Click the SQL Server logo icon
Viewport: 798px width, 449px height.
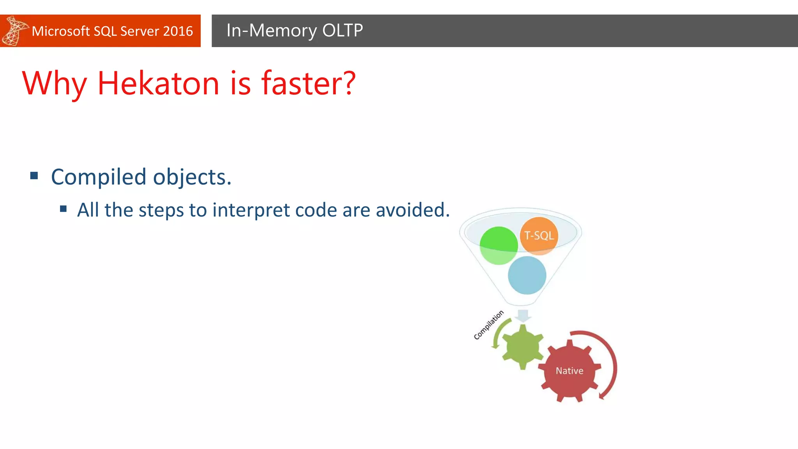pyautogui.click(x=14, y=31)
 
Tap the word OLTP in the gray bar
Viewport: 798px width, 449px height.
pyautogui.click(x=343, y=30)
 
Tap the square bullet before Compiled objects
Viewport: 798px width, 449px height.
pyautogui.click(x=34, y=176)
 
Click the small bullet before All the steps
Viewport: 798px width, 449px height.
pyautogui.click(x=64, y=209)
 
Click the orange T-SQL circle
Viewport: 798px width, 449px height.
pyautogui.click(x=539, y=235)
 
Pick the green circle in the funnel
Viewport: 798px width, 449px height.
pyautogui.click(x=498, y=246)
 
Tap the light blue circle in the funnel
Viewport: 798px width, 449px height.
pyautogui.click(x=527, y=275)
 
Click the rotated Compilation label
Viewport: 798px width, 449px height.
pyautogui.click(x=488, y=325)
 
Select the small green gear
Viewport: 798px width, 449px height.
pyautogui.click(x=522, y=347)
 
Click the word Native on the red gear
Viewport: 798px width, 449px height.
pyautogui.click(x=569, y=371)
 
